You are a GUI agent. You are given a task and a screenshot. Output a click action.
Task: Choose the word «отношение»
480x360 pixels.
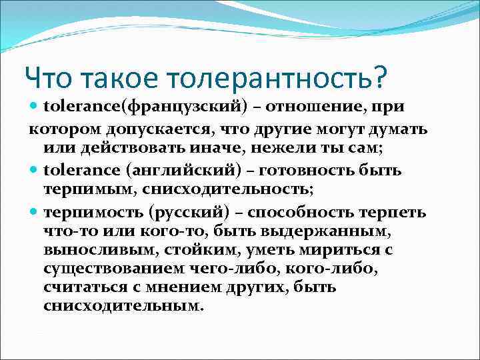[310, 107]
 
